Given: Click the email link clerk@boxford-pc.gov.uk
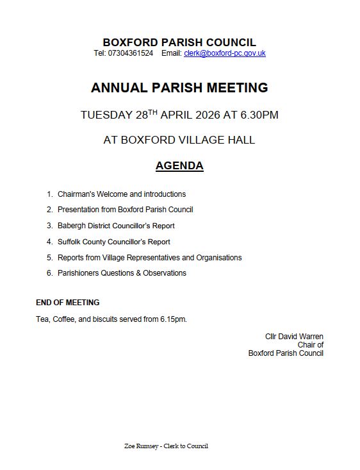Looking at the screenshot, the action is [x=224, y=53].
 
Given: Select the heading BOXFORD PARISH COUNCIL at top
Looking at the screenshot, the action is [x=179, y=43].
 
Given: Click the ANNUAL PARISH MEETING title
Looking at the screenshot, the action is [x=179, y=88].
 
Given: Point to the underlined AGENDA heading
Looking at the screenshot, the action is [x=179, y=165].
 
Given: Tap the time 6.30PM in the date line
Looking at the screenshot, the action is [x=259, y=115].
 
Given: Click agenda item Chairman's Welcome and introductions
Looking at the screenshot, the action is [x=122, y=194].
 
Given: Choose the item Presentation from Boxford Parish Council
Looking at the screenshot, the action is [x=125, y=210].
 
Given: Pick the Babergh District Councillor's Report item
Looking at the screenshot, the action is [x=116, y=226].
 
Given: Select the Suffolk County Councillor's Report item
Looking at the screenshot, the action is [x=114, y=242].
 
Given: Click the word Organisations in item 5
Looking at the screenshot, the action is [x=219, y=258].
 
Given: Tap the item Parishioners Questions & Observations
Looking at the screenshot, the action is [x=122, y=273].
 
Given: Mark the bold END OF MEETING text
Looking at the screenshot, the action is [x=68, y=303].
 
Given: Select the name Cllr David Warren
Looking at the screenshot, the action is [x=294, y=337].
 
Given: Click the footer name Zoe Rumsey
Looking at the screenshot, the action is [x=141, y=446].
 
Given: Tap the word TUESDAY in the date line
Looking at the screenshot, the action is [x=106, y=115].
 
